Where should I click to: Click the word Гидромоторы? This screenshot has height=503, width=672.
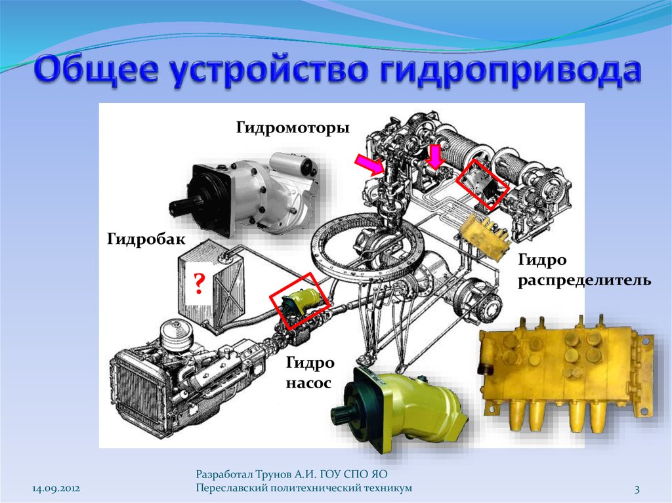pyautogui.click(x=293, y=128)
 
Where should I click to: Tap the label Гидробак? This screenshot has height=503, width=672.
pyautogui.click(x=146, y=238)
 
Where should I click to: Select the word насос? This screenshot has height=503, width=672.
pyautogui.click(x=308, y=382)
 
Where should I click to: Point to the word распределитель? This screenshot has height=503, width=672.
pyautogui.click(x=585, y=281)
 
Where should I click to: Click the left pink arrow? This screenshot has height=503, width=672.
pyautogui.click(x=369, y=165)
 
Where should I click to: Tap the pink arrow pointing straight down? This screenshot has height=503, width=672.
pyautogui.click(x=436, y=156)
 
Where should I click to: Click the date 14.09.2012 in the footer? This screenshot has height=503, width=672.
pyautogui.click(x=56, y=489)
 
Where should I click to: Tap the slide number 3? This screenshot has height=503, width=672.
pyautogui.click(x=637, y=489)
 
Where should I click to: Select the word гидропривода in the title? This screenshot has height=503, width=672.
pyautogui.click(x=509, y=71)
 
